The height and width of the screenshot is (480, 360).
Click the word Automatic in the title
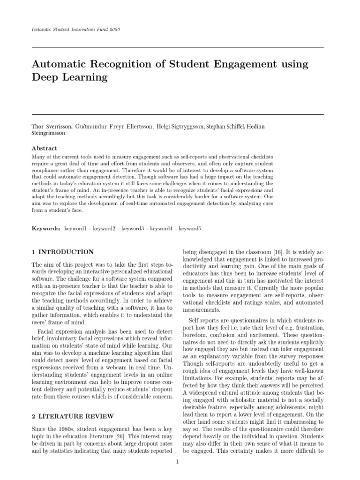(60, 63)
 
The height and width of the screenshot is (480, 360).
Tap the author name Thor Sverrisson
(51, 127)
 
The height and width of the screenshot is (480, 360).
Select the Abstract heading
(44, 148)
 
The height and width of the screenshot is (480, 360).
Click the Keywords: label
(46, 228)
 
